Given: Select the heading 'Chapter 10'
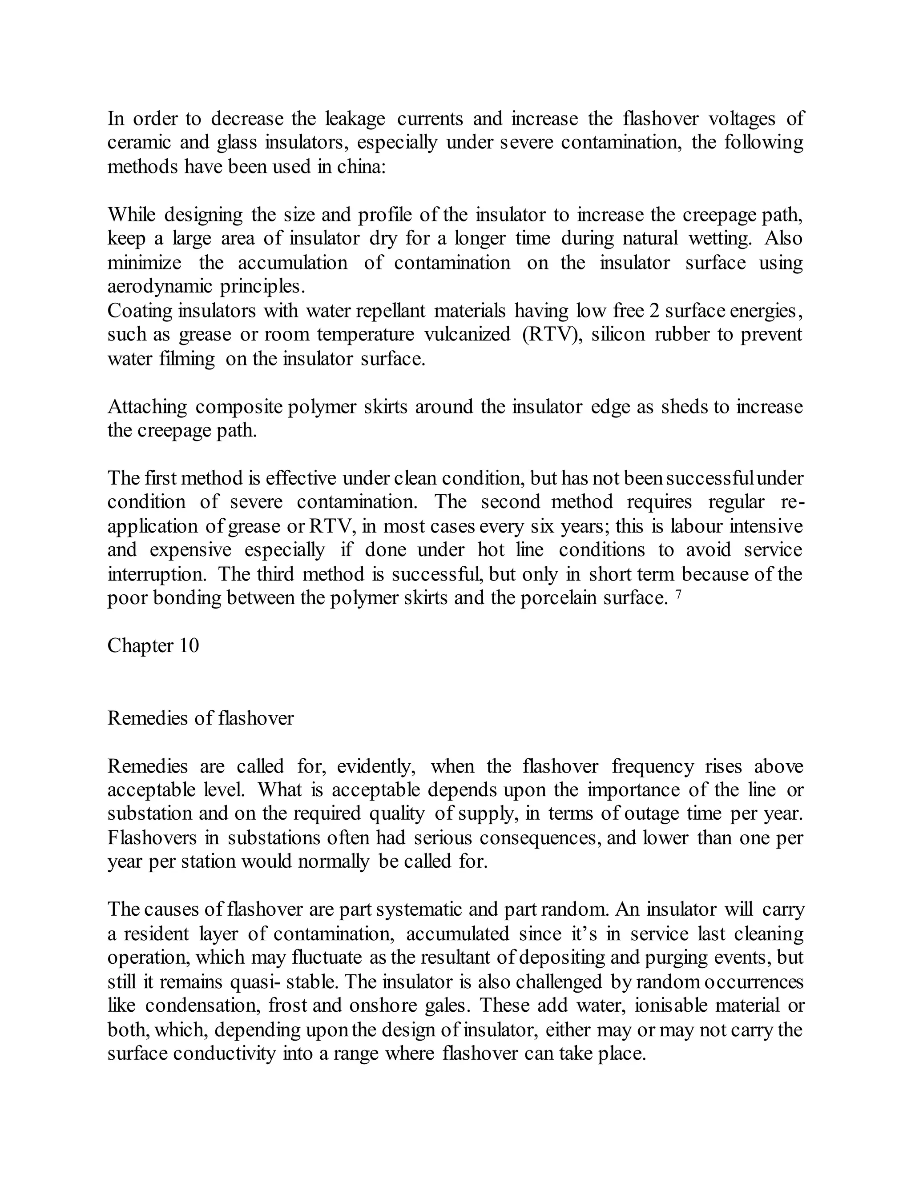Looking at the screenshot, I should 153,645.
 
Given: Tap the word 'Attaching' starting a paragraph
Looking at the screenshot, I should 147,406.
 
